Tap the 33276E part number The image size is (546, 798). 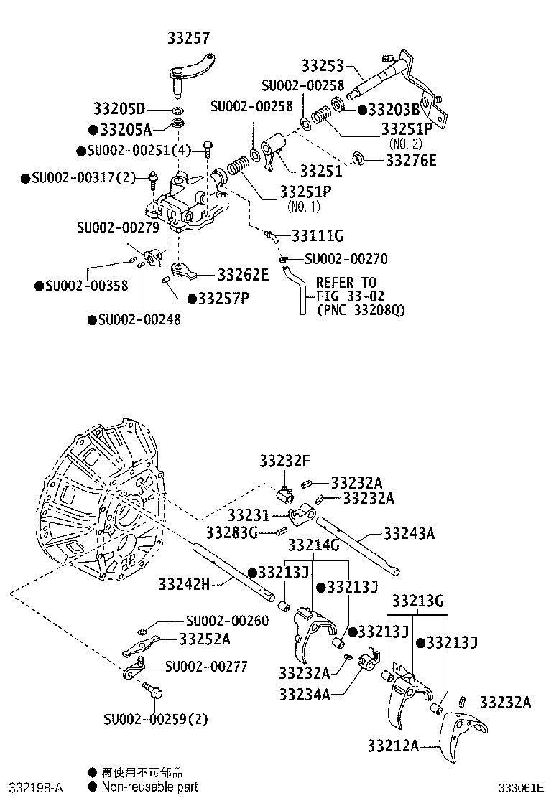pyautogui.click(x=410, y=160)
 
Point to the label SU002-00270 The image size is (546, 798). pyautogui.click(x=346, y=260)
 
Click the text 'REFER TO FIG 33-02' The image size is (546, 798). pyautogui.click(x=346, y=289)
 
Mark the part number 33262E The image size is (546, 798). pyautogui.click(x=243, y=275)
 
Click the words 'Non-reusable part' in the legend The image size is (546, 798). pyautogui.click(x=149, y=787)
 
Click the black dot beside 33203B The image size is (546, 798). pyautogui.click(x=361, y=109)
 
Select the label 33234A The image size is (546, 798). pyautogui.click(x=305, y=693)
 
